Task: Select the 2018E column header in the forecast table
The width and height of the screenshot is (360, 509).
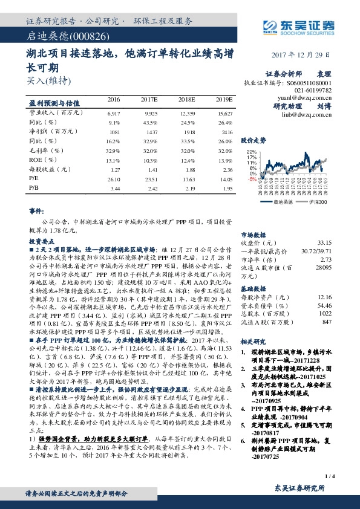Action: point(186,99)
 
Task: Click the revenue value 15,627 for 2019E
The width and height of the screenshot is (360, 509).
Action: point(224,113)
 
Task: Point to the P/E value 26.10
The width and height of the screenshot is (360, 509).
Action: point(113,179)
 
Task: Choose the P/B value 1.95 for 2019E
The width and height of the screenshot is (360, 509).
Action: point(226,189)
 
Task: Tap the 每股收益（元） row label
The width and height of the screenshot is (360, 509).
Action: point(48,170)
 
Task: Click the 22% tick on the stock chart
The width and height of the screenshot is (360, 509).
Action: point(252,152)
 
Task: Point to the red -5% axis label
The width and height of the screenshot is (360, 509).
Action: point(252,179)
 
